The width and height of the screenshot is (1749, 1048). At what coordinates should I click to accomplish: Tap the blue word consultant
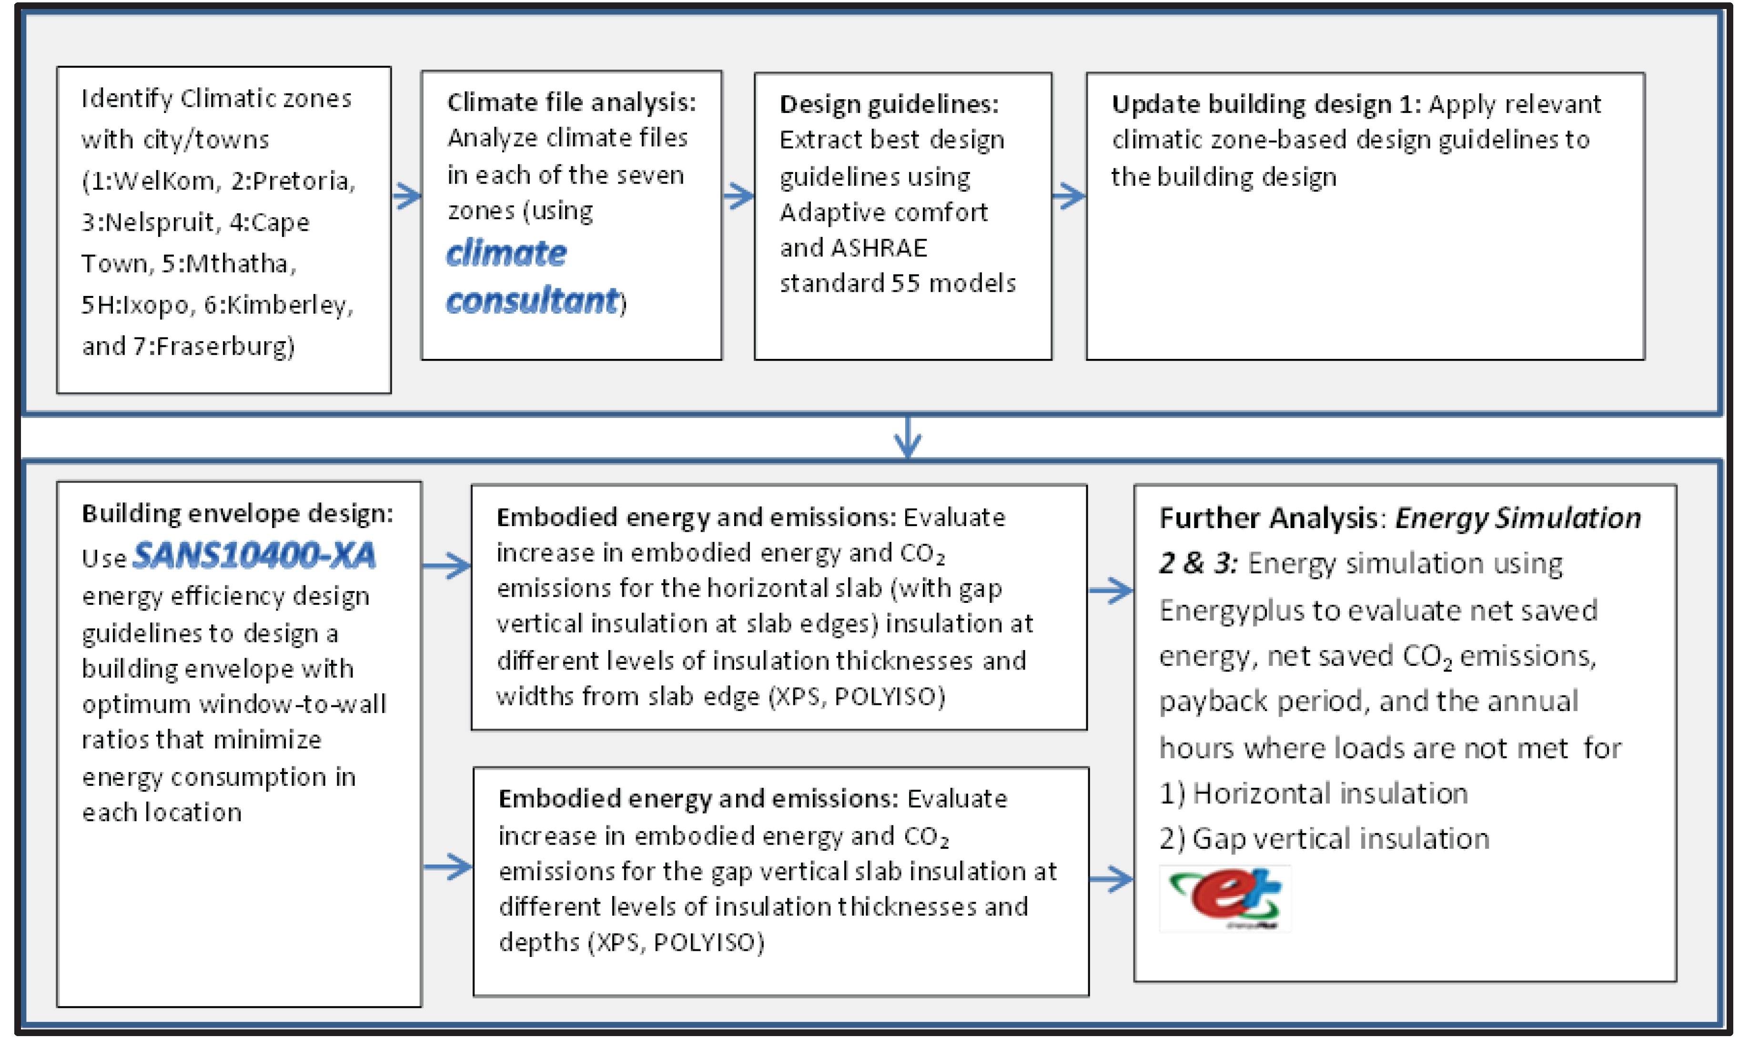point(532,302)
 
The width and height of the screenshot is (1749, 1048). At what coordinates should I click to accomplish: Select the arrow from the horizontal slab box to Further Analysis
point(1111,590)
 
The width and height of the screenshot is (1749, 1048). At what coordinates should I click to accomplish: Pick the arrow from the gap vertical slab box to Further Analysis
point(1111,879)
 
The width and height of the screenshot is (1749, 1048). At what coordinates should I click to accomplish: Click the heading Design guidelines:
point(889,104)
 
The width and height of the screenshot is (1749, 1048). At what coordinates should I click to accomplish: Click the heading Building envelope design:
point(237,513)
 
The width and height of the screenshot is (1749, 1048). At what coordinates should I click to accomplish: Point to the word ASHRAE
point(879,248)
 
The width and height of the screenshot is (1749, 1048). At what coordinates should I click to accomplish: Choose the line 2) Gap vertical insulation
point(1324,839)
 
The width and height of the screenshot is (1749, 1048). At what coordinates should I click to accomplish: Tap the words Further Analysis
point(1268,519)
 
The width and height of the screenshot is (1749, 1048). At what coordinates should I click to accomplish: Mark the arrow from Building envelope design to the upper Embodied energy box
point(446,566)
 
